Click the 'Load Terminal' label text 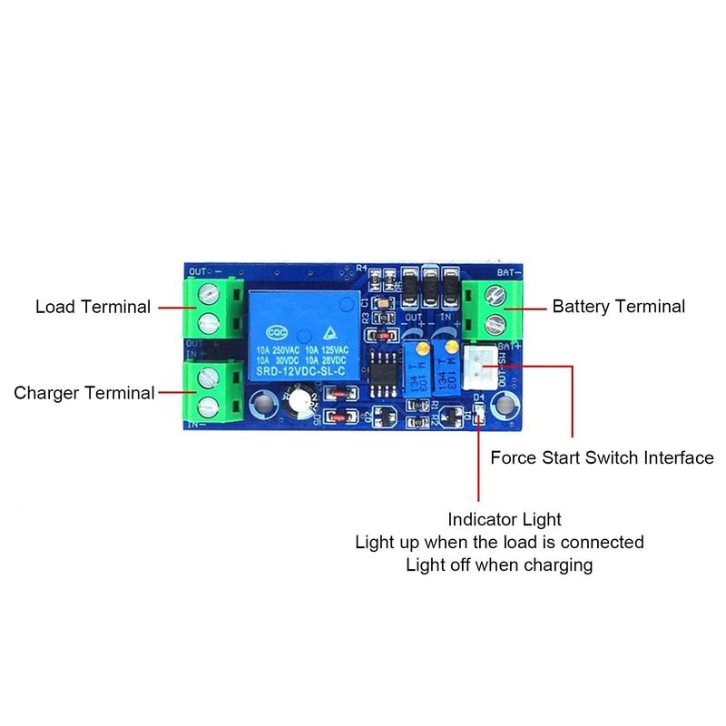[x=93, y=307]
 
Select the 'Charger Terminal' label [x=83, y=393]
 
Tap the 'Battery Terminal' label [x=619, y=307]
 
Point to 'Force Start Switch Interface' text [x=602, y=457]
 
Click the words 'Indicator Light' [x=505, y=520]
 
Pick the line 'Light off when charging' [x=499, y=565]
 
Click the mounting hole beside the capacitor [x=264, y=400]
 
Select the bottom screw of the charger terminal [x=209, y=403]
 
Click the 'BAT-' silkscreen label [x=506, y=271]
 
